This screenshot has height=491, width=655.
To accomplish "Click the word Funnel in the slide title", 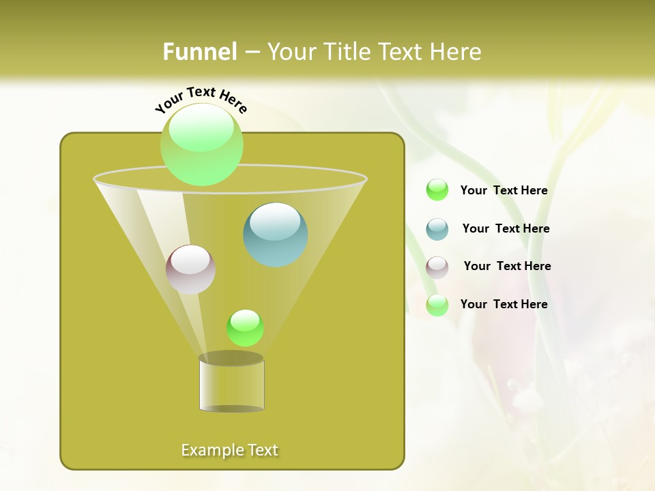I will point(199,52).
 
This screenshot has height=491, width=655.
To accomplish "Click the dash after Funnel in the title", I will point(251,53).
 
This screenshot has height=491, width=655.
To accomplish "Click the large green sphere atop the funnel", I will point(202,144).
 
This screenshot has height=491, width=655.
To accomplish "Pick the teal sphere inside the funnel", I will point(276,235).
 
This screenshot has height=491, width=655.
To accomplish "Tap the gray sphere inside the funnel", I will point(191,269).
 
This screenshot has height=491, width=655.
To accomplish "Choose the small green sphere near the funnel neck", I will point(245,328).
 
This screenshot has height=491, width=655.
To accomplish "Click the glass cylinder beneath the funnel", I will point(232,385).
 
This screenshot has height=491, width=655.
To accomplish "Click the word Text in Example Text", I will point(262,450).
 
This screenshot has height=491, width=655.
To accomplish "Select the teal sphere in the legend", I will point(437,229).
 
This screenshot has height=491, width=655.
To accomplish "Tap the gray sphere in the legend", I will point(437,267).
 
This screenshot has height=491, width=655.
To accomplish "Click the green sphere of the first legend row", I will point(437,190).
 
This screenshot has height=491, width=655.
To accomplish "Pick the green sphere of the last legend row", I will point(437,305).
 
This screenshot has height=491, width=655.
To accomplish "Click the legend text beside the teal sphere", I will point(506,228).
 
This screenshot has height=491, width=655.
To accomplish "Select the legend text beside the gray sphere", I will point(507,266).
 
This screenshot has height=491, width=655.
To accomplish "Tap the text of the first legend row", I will point(504,190).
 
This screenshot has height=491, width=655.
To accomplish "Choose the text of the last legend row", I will point(504,304).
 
